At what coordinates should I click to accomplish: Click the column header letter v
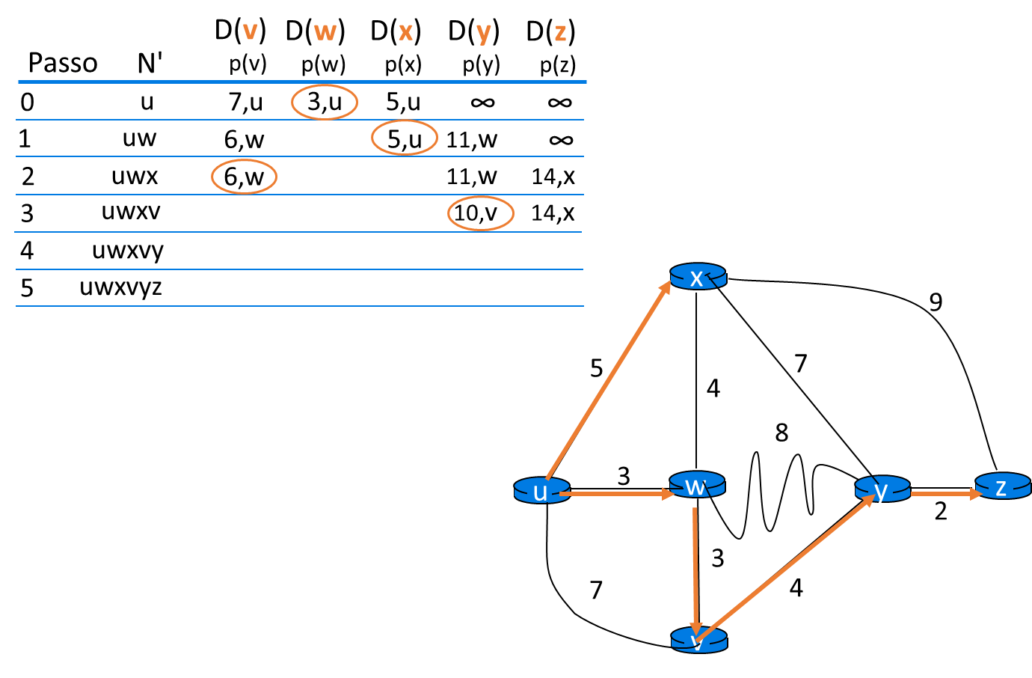point(250,32)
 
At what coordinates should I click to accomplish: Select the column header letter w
point(325,32)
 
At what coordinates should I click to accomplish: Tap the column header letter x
point(405,32)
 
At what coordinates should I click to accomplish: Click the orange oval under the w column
point(325,102)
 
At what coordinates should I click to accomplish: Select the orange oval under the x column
point(405,138)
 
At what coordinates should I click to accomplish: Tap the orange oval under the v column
point(244,177)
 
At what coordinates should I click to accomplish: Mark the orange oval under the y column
point(481,213)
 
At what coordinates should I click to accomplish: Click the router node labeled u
point(541,491)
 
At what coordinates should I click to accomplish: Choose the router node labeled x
point(698,277)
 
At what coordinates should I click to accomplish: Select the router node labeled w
point(697,485)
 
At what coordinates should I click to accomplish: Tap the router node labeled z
point(1003,486)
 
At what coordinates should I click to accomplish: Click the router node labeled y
point(882,489)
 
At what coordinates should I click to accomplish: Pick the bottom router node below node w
point(698,641)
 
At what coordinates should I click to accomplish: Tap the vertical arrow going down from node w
point(695,569)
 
